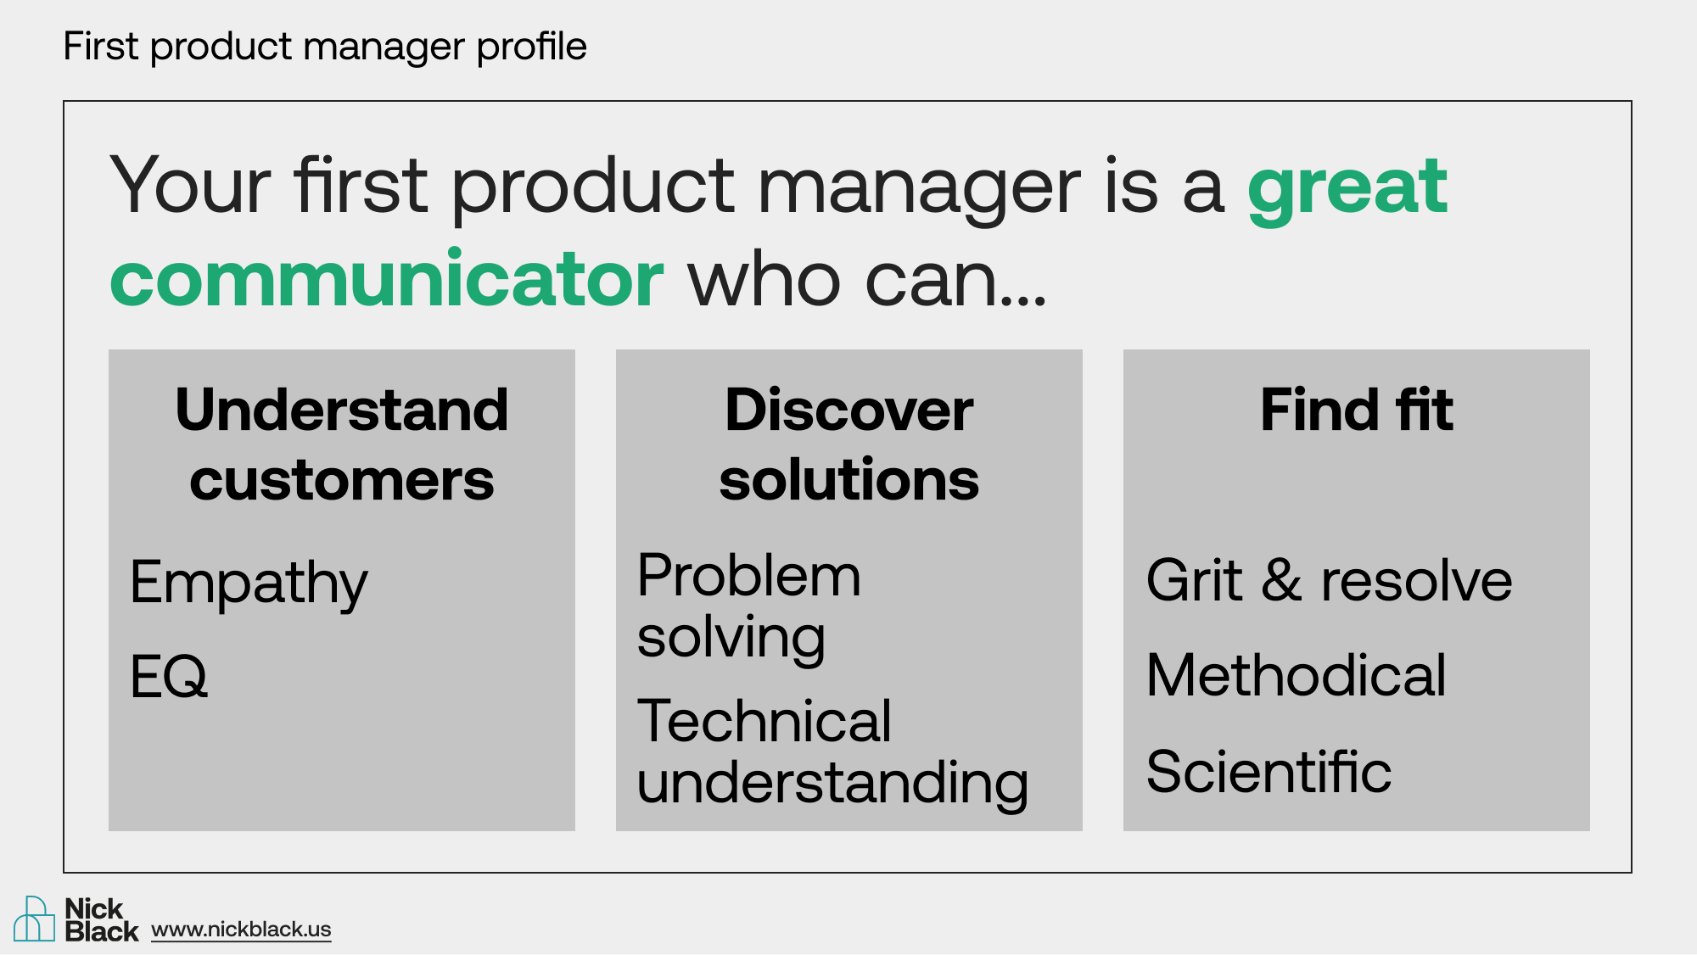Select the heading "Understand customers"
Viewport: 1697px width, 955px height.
(x=342, y=444)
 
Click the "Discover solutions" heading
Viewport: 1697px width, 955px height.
(x=849, y=444)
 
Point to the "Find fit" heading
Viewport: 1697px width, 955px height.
(x=1357, y=410)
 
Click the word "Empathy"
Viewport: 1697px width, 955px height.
(x=249, y=584)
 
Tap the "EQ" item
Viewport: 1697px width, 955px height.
(x=169, y=676)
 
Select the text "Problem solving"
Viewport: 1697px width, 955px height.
(x=749, y=607)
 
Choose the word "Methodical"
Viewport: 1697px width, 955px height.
(x=1296, y=675)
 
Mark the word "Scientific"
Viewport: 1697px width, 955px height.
(x=1269, y=771)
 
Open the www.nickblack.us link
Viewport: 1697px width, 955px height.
(x=241, y=930)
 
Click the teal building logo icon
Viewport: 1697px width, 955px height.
(x=34, y=919)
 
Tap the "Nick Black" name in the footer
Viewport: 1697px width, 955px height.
(x=101, y=920)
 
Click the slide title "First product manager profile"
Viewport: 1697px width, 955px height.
(x=325, y=47)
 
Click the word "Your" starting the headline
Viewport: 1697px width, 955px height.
(x=191, y=185)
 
